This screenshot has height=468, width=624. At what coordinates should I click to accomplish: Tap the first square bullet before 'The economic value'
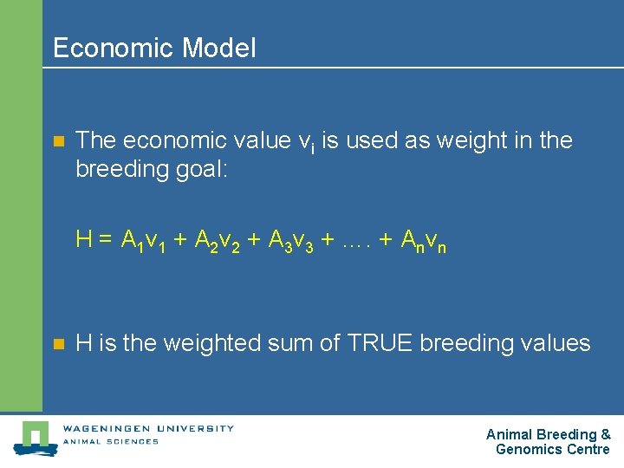(58, 141)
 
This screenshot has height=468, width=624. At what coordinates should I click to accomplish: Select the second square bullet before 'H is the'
(58, 344)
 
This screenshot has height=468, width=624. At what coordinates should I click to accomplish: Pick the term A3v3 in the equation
(289, 241)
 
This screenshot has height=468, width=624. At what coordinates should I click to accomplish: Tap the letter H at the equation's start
(84, 239)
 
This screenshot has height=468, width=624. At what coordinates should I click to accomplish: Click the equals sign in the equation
(104, 240)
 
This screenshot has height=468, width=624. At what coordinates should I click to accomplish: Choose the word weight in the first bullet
(473, 140)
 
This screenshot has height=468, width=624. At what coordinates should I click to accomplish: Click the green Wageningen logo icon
(35, 438)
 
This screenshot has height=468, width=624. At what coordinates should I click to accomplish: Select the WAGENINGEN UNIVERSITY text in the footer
(147, 427)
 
